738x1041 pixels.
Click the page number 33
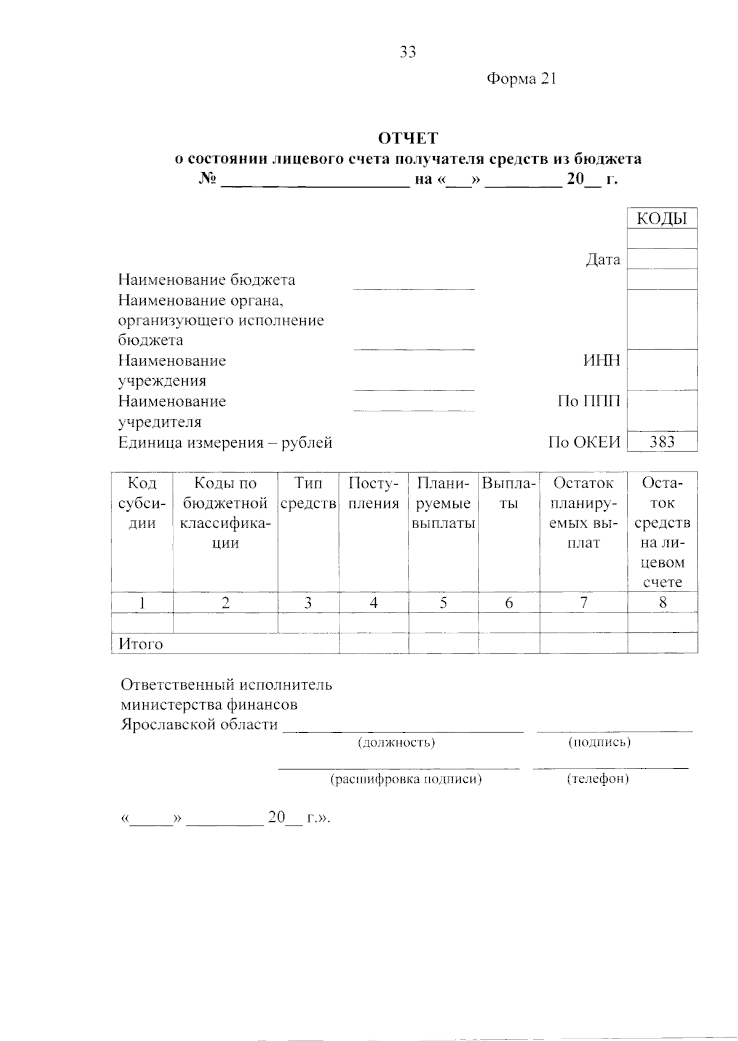[x=408, y=52]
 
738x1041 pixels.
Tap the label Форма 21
[x=522, y=79]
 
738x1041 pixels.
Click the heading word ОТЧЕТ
[x=408, y=138]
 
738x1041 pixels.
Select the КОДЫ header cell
[x=662, y=218]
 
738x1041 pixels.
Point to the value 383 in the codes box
[x=662, y=441]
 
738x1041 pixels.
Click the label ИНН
[x=601, y=360]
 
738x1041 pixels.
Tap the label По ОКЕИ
[x=584, y=442]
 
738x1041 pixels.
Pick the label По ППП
[x=589, y=402]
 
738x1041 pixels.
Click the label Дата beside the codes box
[x=603, y=259]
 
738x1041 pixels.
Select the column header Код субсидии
[x=142, y=503]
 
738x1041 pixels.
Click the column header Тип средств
[x=308, y=493]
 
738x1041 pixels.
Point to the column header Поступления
[x=373, y=493]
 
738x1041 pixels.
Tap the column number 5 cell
[x=443, y=603]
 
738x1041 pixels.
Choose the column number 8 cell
[x=662, y=603]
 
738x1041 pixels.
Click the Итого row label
[x=141, y=644]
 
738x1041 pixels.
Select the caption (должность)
[x=397, y=742]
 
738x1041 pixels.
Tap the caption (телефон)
[x=598, y=778]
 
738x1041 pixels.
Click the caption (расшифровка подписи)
[x=406, y=779]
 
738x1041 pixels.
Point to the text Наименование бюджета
[x=207, y=280]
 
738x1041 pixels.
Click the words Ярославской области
[x=199, y=724]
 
